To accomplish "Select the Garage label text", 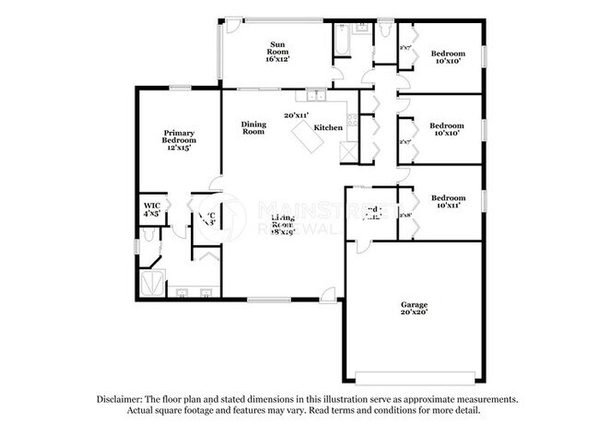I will click(x=414, y=305).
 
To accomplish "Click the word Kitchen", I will click(x=328, y=127).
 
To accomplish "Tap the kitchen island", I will click(x=309, y=140).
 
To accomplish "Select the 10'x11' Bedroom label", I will click(x=448, y=202).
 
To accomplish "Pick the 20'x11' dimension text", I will click(x=296, y=115).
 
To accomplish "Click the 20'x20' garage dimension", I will click(x=414, y=314).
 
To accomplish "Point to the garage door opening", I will click(x=413, y=375).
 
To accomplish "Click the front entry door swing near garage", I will click(x=327, y=294).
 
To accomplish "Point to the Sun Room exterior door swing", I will click(x=234, y=23).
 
